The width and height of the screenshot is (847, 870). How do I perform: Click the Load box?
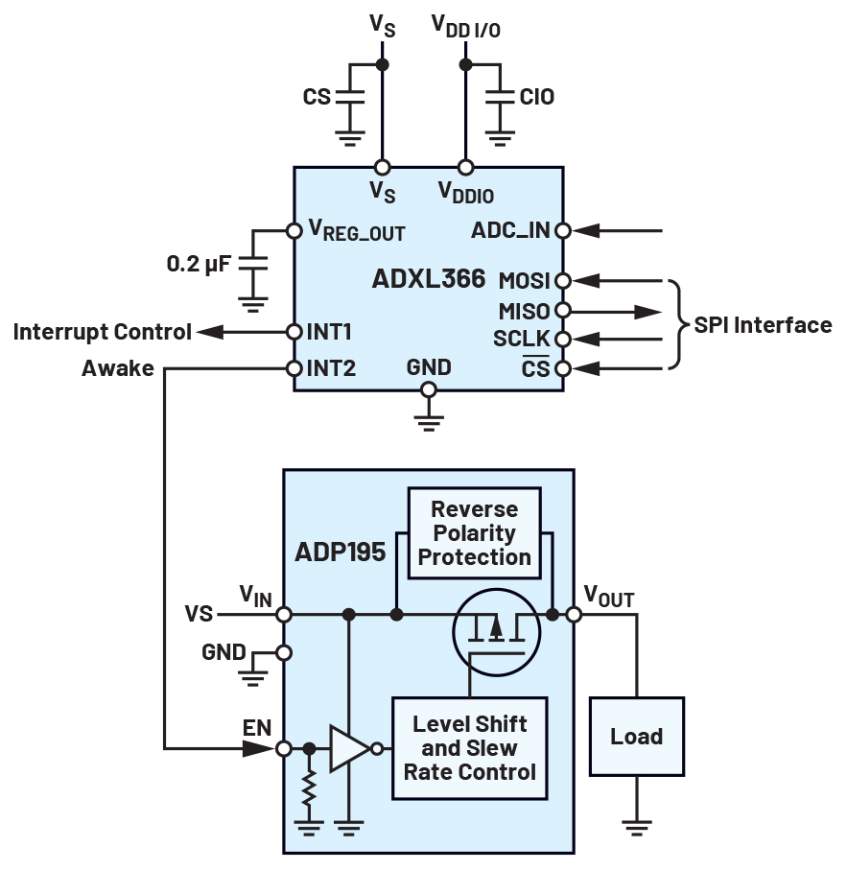pyautogui.click(x=637, y=737)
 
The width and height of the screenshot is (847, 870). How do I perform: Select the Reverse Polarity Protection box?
pyautogui.click(x=475, y=533)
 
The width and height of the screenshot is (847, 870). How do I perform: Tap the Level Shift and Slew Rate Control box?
pyautogui.click(x=469, y=748)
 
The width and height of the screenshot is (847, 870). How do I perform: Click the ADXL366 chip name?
pyautogui.click(x=428, y=279)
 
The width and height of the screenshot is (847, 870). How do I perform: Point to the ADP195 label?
pyautogui.click(x=341, y=553)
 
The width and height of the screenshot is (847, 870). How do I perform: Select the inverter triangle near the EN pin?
pyautogui.click(x=348, y=749)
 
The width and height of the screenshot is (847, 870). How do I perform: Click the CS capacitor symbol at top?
pyautogui.click(x=350, y=97)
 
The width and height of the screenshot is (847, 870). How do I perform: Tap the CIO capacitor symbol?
pyautogui.click(x=499, y=97)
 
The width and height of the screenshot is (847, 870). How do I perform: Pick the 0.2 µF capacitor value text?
pyautogui.click(x=199, y=262)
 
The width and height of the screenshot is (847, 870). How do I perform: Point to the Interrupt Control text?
pyautogui.click(x=102, y=332)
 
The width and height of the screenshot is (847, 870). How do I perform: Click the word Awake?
pyautogui.click(x=118, y=368)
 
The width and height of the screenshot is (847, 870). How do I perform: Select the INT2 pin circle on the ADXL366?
pyautogui.click(x=294, y=369)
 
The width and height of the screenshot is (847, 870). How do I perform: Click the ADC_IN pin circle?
pyautogui.click(x=563, y=230)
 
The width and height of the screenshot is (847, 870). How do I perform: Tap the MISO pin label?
pyautogui.click(x=524, y=311)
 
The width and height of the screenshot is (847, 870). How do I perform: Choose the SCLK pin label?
pyautogui.click(x=522, y=340)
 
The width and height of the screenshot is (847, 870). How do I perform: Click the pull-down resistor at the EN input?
pyautogui.click(x=309, y=789)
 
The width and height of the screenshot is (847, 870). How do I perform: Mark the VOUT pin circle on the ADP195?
pyautogui.click(x=574, y=614)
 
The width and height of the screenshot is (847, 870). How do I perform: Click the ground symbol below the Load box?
pyautogui.click(x=637, y=824)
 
